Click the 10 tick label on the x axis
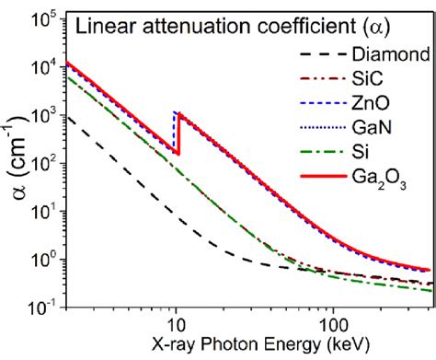(175, 325)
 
